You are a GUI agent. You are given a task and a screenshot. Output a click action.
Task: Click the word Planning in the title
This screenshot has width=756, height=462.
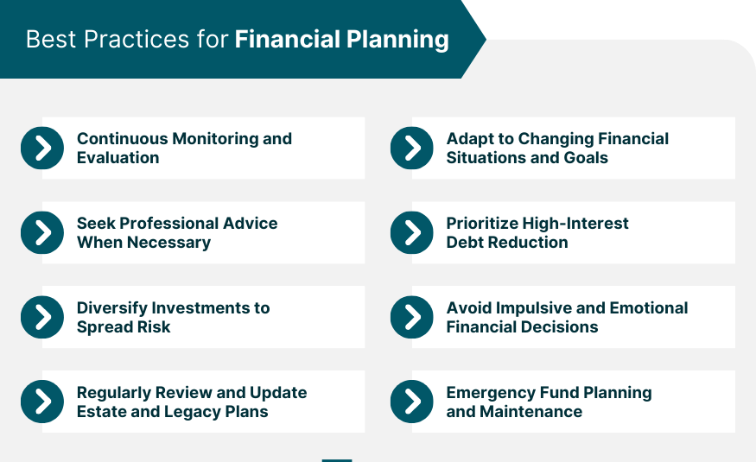pos(397,40)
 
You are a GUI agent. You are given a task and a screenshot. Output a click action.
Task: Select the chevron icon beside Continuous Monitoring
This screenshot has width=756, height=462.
pos(42,148)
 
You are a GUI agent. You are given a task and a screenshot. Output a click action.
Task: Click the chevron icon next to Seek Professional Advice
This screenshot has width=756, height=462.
pos(42,232)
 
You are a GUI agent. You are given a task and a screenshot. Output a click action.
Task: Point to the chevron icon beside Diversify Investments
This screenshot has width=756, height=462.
pos(42,317)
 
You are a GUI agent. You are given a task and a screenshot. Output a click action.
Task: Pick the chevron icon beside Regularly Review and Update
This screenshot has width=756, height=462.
pos(42,402)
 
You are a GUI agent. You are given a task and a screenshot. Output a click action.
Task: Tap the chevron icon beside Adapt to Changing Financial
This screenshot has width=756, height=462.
pos(412,148)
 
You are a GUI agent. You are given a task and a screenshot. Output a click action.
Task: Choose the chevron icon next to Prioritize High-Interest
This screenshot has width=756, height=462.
pos(412,232)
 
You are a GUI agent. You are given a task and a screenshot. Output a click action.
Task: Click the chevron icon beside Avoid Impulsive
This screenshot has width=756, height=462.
pos(412,317)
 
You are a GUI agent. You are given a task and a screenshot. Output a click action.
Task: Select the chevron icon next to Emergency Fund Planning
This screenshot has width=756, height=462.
pos(412,402)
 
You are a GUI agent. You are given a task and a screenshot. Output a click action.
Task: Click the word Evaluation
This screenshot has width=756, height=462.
pos(118,157)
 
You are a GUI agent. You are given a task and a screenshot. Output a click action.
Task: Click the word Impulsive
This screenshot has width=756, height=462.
pos(533,308)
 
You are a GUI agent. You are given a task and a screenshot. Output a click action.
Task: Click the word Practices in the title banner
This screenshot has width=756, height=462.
pos(137,39)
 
